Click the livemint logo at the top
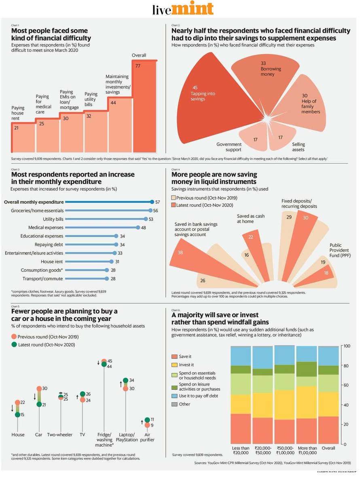[x=182, y=9]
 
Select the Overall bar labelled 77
[x=144, y=105]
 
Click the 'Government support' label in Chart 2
[x=229, y=147]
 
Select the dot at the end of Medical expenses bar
[x=138, y=228]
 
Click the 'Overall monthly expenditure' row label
[x=34, y=202]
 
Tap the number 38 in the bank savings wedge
[x=180, y=253]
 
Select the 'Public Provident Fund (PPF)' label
[x=340, y=251]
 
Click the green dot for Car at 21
[x=39, y=404]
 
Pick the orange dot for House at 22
[x=17, y=403]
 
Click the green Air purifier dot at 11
[x=147, y=420]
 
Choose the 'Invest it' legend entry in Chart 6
[x=186, y=365]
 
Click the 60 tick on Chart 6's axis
[x=347, y=386]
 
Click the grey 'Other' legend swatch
[x=174, y=404]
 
